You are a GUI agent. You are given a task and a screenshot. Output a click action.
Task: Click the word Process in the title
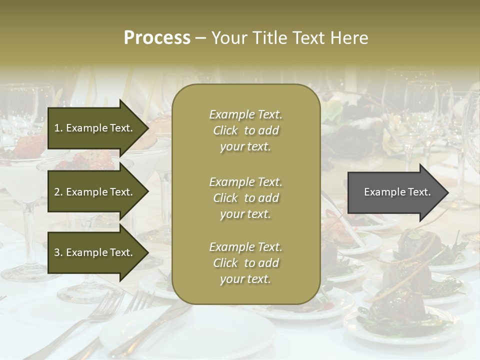coord(157,38)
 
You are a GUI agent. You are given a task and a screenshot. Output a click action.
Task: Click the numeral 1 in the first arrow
coord(56,128)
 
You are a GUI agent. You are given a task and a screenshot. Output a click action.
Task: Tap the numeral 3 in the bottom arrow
coord(56,252)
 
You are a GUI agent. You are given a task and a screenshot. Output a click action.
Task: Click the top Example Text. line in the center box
coord(245,114)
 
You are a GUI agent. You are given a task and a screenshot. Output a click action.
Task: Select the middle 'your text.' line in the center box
coord(245,214)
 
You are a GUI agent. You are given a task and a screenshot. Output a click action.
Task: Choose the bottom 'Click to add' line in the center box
coord(245,263)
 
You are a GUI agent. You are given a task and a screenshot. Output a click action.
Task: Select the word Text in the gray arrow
coord(419,192)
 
